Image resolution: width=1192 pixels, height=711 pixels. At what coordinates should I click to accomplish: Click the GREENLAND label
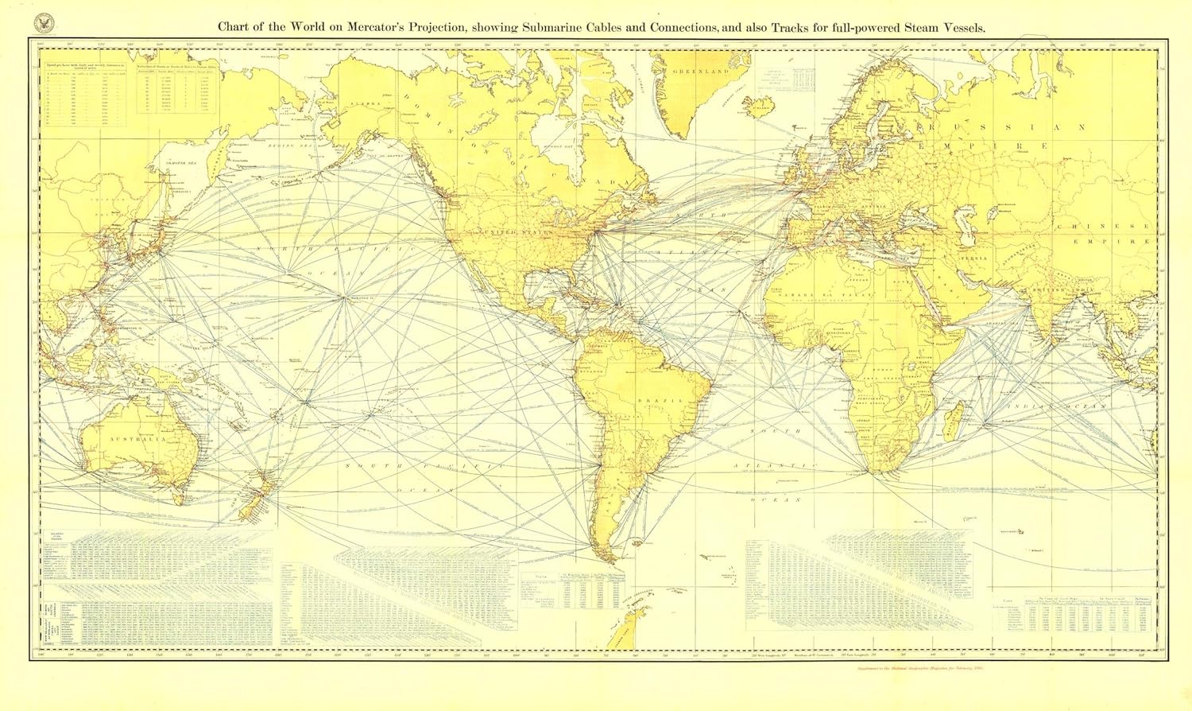point(700,72)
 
